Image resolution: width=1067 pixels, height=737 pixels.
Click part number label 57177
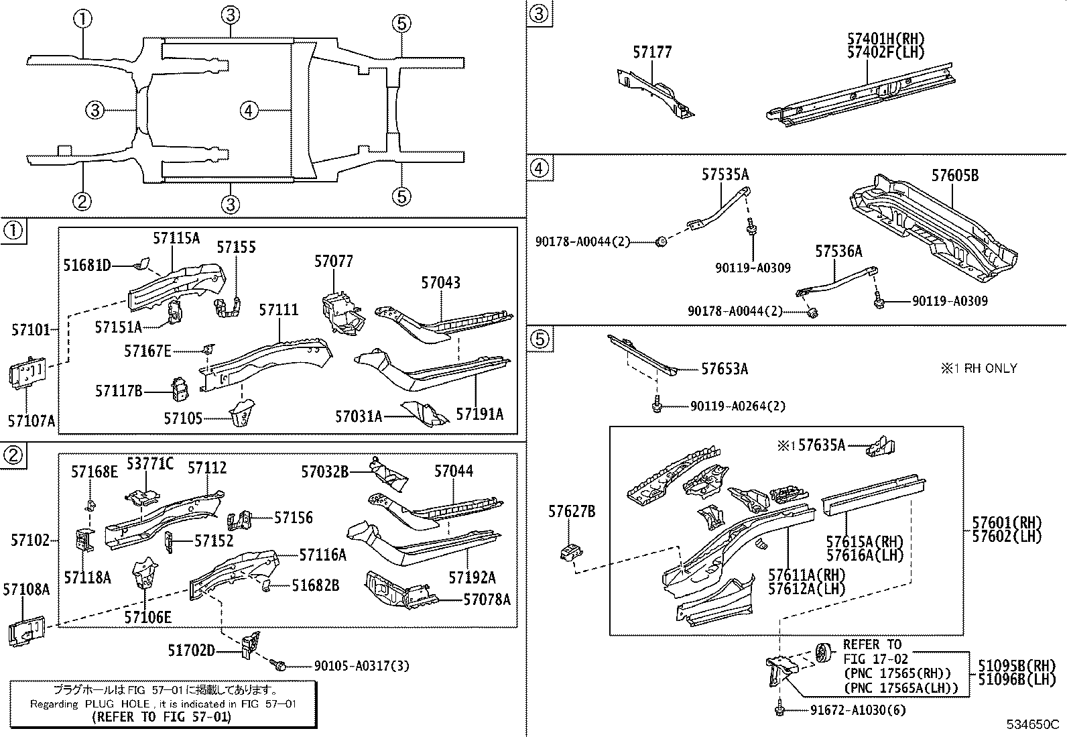tap(651, 52)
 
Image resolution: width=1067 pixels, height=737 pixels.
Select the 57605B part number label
tap(954, 176)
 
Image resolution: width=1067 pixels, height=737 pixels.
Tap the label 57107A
tap(32, 421)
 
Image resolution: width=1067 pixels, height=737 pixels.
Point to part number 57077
tap(333, 262)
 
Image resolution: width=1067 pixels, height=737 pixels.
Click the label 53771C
tap(149, 463)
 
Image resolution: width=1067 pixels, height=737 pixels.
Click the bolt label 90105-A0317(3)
tap(361, 666)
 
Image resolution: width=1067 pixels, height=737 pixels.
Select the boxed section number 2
tap(14, 456)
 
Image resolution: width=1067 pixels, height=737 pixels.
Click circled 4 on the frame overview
tap(249, 110)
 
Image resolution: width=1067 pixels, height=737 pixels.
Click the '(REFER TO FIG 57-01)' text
tap(162, 716)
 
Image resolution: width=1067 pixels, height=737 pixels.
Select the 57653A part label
tap(725, 369)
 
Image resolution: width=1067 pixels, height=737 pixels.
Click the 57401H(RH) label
tap(885, 39)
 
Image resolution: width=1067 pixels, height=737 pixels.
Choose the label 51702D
tap(191, 650)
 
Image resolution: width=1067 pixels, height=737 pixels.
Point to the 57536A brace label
tap(838, 251)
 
